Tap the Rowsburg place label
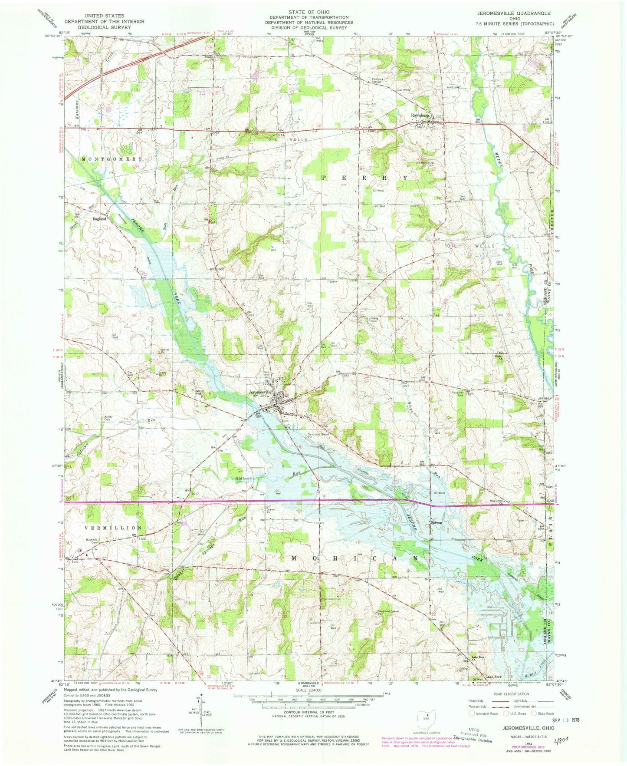pyautogui.click(x=420, y=116)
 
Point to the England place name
pyautogui.click(x=99, y=219)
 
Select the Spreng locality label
pyautogui.click(x=436, y=523)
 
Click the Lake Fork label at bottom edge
pyautogui.click(x=493, y=677)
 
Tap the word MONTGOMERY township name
pyautogui.click(x=111, y=159)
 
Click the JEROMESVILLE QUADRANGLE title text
pyautogui.click(x=526, y=14)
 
